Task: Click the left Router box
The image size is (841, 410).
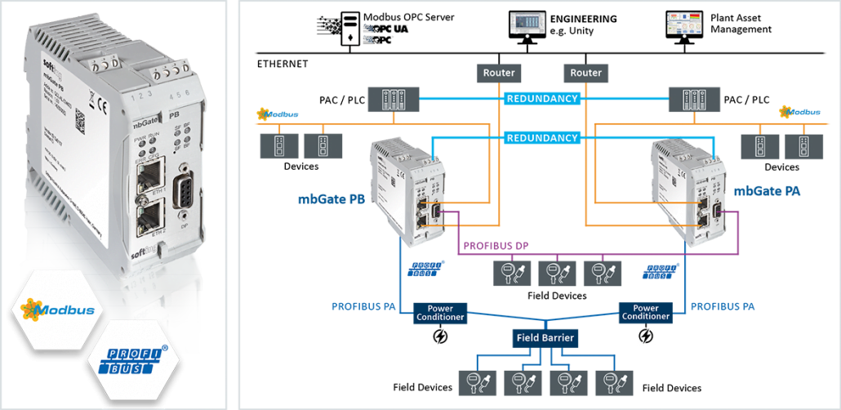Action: pos(499,73)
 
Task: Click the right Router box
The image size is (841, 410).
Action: pos(585,73)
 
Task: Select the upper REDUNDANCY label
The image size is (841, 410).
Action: pos(542,99)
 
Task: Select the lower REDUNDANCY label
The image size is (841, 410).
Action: pos(542,138)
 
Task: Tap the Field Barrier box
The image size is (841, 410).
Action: pos(545,336)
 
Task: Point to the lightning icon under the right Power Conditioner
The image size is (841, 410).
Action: pos(646,336)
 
